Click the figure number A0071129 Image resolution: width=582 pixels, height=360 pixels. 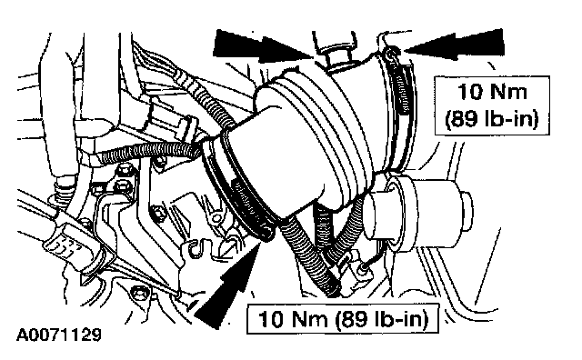[58, 335]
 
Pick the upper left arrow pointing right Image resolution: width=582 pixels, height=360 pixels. [264, 46]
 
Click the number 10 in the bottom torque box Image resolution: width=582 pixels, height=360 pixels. [271, 319]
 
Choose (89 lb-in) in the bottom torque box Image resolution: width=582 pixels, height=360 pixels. [382, 320]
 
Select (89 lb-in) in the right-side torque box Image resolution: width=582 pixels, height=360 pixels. [492, 119]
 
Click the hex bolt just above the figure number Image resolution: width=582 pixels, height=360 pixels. [140, 294]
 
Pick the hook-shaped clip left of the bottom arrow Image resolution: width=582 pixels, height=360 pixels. [196, 249]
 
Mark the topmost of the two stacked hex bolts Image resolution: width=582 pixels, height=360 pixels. [125, 171]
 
